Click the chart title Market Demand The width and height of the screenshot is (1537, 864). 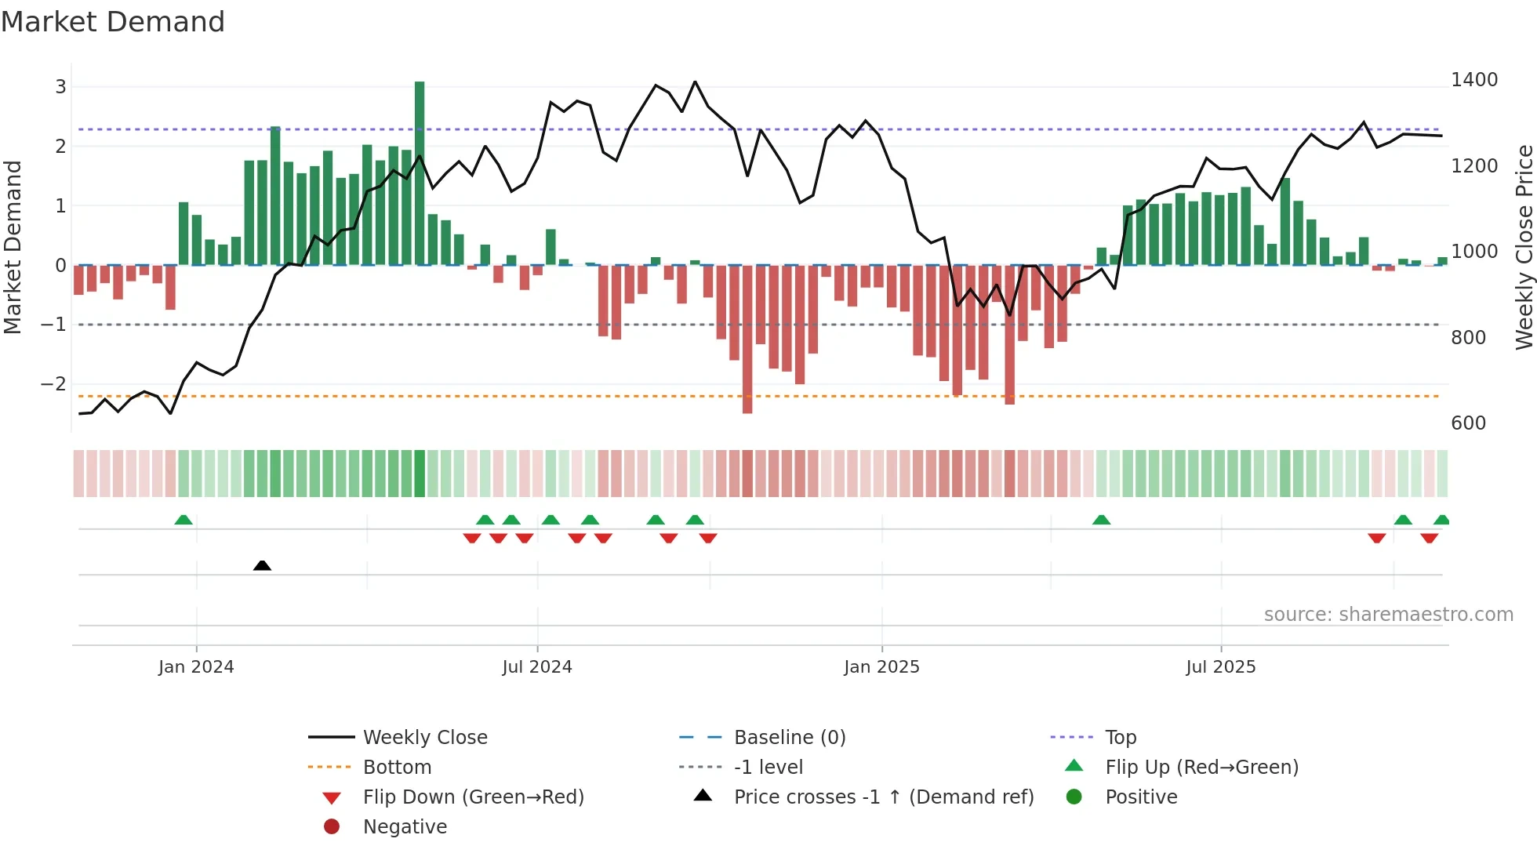coord(113,22)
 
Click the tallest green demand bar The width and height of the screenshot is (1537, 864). coord(420,172)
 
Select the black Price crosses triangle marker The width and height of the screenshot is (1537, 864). coord(262,565)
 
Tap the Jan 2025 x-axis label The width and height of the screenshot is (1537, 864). coord(881,667)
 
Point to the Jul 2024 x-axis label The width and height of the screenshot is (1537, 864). coord(537,667)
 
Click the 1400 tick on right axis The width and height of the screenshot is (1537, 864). coord(1473,80)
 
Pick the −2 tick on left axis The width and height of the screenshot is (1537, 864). coord(53,384)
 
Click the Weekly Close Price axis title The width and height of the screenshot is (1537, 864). coord(1524,247)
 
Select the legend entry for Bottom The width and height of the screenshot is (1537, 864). coord(397,768)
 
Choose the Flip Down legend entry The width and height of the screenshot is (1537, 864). coord(473,797)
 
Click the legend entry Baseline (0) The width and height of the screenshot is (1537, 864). coord(789,738)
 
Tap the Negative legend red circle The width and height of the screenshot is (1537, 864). coord(332,827)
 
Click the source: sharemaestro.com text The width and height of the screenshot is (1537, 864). coord(1388,615)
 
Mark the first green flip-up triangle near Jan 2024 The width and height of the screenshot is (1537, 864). coord(183,520)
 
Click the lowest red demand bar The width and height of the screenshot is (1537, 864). coord(747,339)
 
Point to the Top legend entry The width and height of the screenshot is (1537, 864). coord(1120,738)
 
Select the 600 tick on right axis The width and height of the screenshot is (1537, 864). coord(1468,423)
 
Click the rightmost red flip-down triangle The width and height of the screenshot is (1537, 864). coord(1429,538)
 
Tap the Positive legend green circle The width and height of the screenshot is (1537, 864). coord(1074,797)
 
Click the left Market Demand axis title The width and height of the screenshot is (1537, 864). coord(13,247)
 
